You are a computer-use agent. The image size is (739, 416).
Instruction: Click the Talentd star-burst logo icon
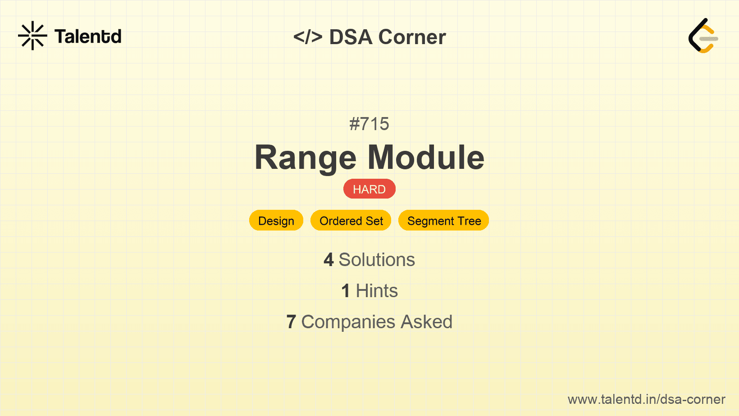coord(32,36)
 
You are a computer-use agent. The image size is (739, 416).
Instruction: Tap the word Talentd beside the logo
coord(88,36)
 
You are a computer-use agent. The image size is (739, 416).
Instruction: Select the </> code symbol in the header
coord(308,37)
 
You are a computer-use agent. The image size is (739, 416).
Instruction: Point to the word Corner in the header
coord(412,37)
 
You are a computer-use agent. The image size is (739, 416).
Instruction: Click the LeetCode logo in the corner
coord(703,36)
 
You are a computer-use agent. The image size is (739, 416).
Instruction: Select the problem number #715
coord(369,124)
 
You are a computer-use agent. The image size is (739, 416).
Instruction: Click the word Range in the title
coord(306,158)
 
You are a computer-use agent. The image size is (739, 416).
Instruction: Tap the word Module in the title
coord(426,158)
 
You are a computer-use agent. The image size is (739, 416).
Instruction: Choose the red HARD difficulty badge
coord(369,189)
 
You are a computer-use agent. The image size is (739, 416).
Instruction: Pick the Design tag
coord(276,221)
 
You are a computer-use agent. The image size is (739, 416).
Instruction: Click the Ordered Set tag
coord(351,221)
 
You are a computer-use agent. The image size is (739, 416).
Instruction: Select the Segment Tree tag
coord(444,221)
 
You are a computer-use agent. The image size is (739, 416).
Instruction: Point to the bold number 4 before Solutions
coord(328,260)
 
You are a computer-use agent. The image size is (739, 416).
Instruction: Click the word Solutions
coord(377,260)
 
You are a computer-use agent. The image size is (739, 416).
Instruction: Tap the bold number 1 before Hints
coord(346,291)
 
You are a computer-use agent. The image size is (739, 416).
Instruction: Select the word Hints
coord(377,291)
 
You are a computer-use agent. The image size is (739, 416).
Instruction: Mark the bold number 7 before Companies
coord(291,322)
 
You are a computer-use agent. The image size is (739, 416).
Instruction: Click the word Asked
coord(426,322)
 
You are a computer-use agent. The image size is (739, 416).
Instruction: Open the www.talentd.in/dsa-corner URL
coord(646,399)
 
